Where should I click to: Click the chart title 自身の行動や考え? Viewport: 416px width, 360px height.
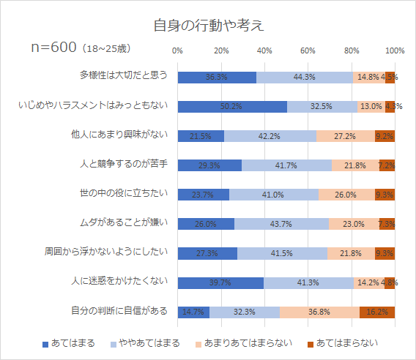208,25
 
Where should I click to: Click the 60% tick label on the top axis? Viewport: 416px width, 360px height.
308,50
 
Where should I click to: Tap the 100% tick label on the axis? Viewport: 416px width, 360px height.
395,50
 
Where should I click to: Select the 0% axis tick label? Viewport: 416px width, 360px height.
177,50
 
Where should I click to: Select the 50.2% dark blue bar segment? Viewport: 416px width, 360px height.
231,106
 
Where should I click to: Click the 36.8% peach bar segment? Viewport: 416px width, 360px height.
319,312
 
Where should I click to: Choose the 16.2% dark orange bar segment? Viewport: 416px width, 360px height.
377,312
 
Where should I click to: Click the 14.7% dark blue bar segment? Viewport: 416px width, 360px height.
193,312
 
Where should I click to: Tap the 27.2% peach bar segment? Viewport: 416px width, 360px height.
345,135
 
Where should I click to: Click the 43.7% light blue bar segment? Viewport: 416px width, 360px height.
281,224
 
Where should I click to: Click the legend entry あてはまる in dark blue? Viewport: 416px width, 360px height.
69,342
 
